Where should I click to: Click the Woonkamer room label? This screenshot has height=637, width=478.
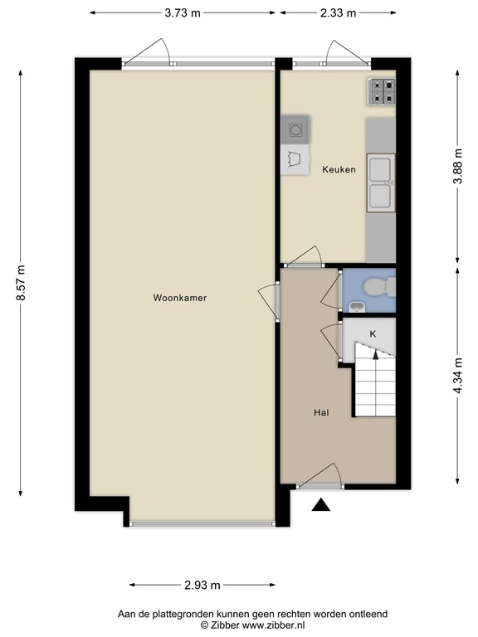click(x=179, y=298)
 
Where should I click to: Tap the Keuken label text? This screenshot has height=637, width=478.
click(x=339, y=170)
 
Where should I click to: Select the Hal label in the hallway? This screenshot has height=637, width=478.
click(x=321, y=412)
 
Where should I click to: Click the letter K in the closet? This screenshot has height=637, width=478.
click(x=373, y=333)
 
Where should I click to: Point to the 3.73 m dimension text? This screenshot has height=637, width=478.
click(x=182, y=12)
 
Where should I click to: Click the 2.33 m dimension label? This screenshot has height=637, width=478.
click(x=339, y=12)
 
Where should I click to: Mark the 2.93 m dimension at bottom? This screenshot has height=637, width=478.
click(x=202, y=586)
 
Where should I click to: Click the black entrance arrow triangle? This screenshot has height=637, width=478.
click(x=321, y=503)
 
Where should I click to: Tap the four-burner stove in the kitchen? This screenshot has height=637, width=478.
click(x=381, y=90)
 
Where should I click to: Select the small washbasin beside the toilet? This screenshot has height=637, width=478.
click(x=355, y=308)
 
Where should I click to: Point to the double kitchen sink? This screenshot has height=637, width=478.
click(x=380, y=182)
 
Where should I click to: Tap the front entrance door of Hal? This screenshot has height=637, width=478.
click(x=319, y=477)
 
